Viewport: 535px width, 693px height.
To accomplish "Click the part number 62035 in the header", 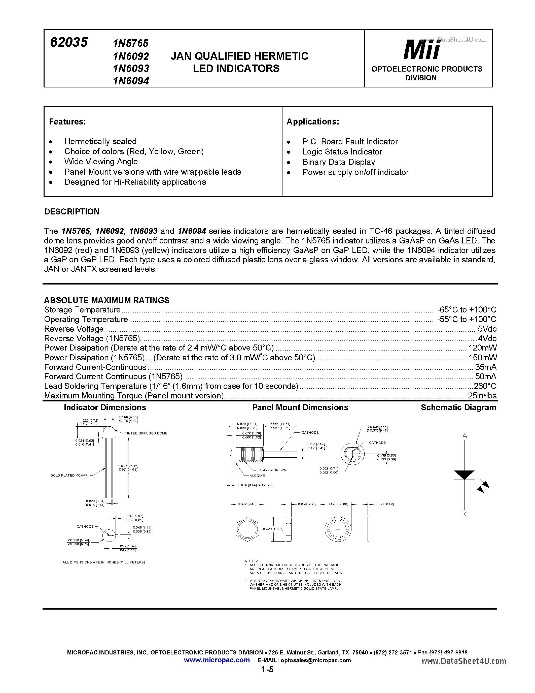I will [69, 42].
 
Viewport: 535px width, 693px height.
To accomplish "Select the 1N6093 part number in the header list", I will [131, 69].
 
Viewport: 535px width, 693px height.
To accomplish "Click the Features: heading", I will [67, 122].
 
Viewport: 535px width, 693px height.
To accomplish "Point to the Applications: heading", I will [313, 122].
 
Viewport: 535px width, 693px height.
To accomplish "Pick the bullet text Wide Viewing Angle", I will [101, 162].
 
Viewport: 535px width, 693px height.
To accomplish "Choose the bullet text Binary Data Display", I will [338, 162].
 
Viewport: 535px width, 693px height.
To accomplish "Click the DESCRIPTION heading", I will [72, 212].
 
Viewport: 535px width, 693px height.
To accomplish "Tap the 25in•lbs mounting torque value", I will [482, 396].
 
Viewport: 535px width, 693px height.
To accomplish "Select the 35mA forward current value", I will [486, 367].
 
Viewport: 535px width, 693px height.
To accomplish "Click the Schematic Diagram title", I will [458, 407].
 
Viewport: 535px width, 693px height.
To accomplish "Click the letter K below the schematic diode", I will [464, 514].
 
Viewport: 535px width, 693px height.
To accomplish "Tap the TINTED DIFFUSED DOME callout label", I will [146, 433].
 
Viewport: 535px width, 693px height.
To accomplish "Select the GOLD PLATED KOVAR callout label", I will [69, 475].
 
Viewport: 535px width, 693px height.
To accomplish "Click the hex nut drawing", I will [247, 529].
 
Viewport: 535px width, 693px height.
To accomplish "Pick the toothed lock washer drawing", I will [338, 529].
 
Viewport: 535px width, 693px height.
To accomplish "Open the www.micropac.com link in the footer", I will [217, 660].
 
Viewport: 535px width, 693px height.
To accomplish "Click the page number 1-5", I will [267, 670].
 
